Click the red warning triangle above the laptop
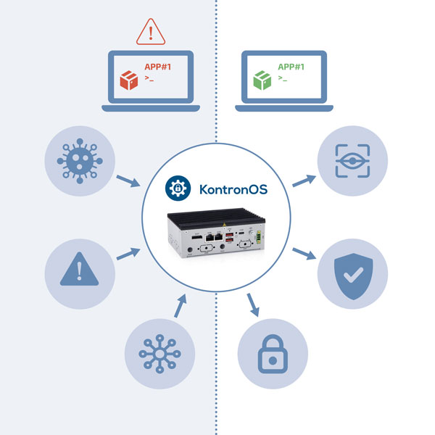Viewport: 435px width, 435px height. [x=150, y=30]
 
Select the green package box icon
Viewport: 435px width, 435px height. [x=261, y=80]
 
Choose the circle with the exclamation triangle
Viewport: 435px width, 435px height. [x=79, y=273]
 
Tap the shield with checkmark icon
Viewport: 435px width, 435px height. [x=352, y=273]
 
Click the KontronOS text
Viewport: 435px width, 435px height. [x=233, y=190]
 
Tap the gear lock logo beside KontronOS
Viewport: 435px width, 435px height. [x=176, y=189]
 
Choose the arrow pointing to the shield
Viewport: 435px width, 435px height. [x=304, y=254]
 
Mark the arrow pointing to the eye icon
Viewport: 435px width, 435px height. [x=304, y=181]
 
